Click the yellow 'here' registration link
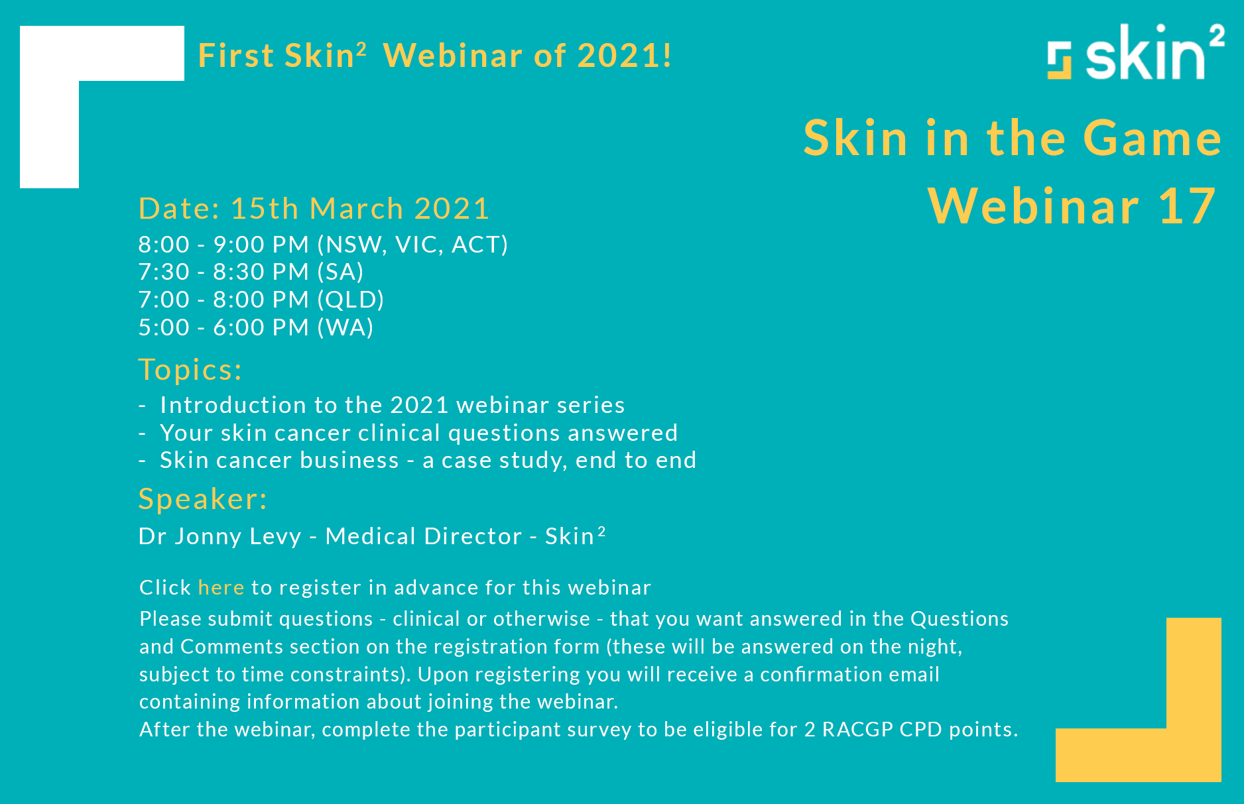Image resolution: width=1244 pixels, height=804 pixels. (x=221, y=588)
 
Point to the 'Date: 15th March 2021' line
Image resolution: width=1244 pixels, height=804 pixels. (x=314, y=209)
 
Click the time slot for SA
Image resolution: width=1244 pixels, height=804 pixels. (x=251, y=272)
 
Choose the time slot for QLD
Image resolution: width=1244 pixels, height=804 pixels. (x=261, y=300)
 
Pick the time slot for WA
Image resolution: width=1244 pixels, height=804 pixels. (x=255, y=327)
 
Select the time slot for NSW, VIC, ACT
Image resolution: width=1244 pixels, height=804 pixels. (x=322, y=245)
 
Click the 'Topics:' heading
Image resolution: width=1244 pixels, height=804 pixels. (x=190, y=370)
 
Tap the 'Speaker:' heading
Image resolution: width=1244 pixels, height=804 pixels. (x=203, y=499)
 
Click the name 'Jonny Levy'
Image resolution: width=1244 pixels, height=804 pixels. (x=238, y=536)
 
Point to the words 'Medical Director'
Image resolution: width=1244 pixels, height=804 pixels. (x=423, y=536)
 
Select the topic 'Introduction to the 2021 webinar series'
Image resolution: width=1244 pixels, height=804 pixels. (x=392, y=405)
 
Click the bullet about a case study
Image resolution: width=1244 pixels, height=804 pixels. (x=428, y=460)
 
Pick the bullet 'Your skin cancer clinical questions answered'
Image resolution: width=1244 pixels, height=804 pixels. (x=418, y=433)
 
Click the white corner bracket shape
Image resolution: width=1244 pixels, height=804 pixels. (x=50, y=133)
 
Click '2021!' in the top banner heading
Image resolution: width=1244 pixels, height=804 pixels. (x=624, y=56)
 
